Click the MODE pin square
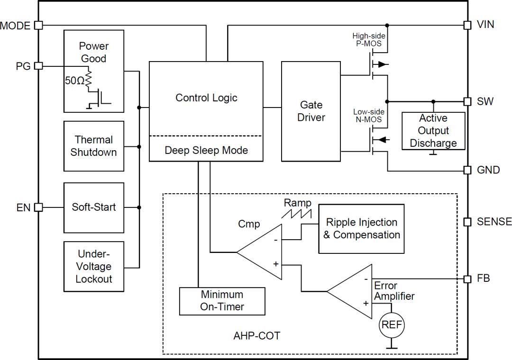39,25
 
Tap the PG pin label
23,66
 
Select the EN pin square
39,207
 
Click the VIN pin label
485,25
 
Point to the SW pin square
467,101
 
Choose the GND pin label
488,170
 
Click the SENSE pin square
467,222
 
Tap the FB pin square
467,279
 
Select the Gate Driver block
311,111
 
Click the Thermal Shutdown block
94,146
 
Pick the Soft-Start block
94,207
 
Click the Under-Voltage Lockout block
94,267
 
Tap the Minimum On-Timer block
222,301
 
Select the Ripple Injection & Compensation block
362,229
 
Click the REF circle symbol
391,325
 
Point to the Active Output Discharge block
433,131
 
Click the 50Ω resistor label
74,81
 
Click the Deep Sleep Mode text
206,150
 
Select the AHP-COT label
256,336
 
